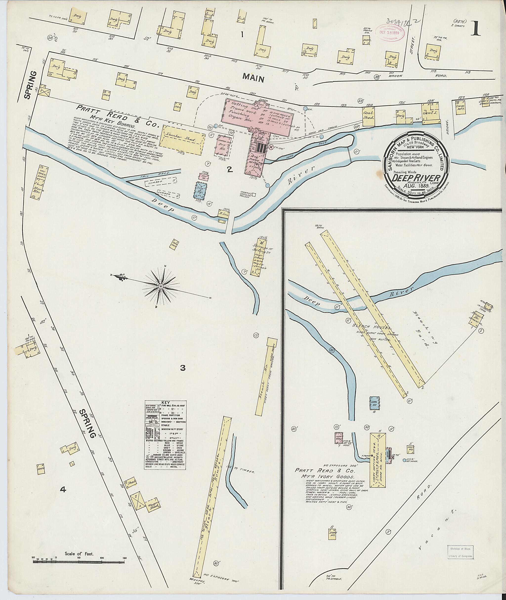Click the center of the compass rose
pyautogui.click(x=161, y=286)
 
